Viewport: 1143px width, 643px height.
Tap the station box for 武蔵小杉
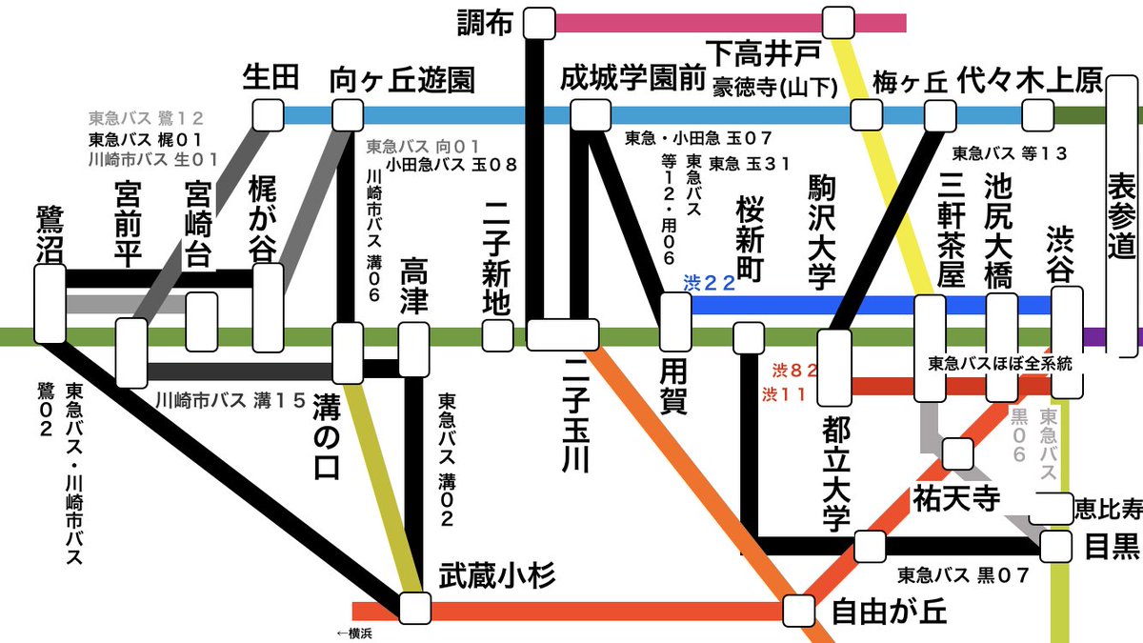[x=414, y=608]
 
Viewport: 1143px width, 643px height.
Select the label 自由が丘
[x=889, y=610]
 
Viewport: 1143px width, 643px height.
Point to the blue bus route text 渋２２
[x=710, y=284]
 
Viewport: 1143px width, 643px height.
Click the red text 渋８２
[x=790, y=370]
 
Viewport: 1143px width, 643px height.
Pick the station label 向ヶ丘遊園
[x=401, y=81]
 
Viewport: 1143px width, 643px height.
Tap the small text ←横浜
[x=353, y=633]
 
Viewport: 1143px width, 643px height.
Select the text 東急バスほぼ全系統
[x=999, y=363]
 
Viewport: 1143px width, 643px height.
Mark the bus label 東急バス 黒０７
[x=963, y=575]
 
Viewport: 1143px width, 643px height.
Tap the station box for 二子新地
[x=496, y=336]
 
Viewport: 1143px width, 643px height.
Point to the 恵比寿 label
[x=1108, y=509]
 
